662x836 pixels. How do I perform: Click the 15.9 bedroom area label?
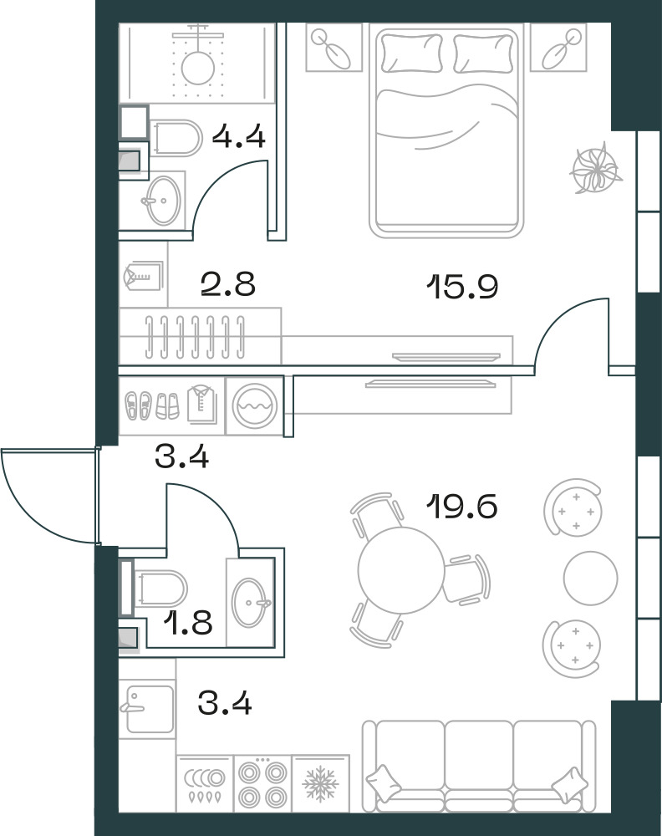(462, 286)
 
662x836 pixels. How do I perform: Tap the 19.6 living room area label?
(462, 506)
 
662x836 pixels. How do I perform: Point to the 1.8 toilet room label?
(187, 622)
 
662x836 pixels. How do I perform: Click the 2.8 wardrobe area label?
(228, 283)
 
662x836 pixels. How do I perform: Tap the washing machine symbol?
(255, 405)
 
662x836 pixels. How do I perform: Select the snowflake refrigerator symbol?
(320, 784)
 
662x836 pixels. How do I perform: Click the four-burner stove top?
(262, 784)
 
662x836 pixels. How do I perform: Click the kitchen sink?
(147, 709)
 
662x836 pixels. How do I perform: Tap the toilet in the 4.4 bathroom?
(176, 138)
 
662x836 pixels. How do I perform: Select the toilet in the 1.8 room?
(160, 589)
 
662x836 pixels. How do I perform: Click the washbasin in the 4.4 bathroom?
(162, 200)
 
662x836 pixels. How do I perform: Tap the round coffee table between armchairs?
(591, 578)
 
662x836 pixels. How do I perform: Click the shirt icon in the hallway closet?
(202, 405)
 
